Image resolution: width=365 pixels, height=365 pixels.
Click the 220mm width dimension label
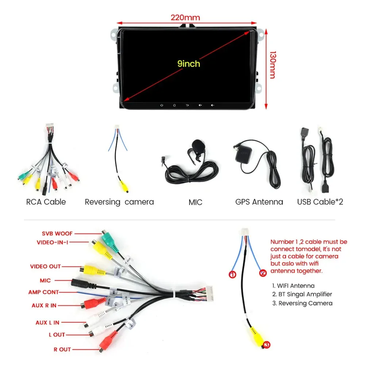click(x=185, y=17)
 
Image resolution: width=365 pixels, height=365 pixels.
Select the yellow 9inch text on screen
click(x=189, y=64)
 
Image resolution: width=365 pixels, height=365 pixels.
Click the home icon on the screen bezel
click(x=174, y=105)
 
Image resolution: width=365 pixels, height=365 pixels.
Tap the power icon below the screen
click(x=161, y=105)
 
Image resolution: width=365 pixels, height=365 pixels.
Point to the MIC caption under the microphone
click(x=195, y=202)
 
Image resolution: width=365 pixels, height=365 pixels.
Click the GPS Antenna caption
click(x=259, y=202)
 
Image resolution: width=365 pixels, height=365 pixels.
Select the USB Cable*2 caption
click(x=320, y=202)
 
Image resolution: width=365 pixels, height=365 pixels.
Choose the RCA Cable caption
click(x=46, y=202)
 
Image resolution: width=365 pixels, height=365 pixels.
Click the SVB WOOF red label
click(x=57, y=233)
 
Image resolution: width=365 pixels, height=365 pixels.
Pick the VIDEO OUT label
click(x=45, y=266)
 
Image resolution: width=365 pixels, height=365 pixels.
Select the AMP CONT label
click(x=43, y=292)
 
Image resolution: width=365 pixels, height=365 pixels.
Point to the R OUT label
click(x=62, y=349)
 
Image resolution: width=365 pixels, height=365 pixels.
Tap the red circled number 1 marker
click(x=233, y=274)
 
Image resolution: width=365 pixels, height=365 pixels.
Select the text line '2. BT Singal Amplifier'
click(x=302, y=294)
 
